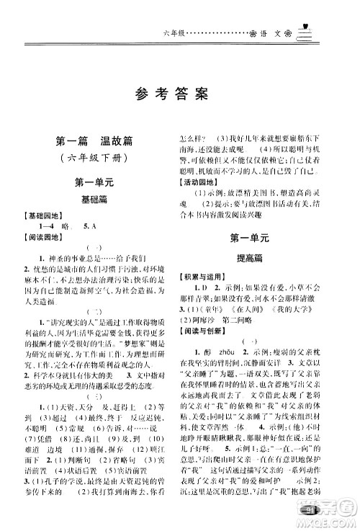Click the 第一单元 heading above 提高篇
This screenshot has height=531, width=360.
point(248,236)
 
